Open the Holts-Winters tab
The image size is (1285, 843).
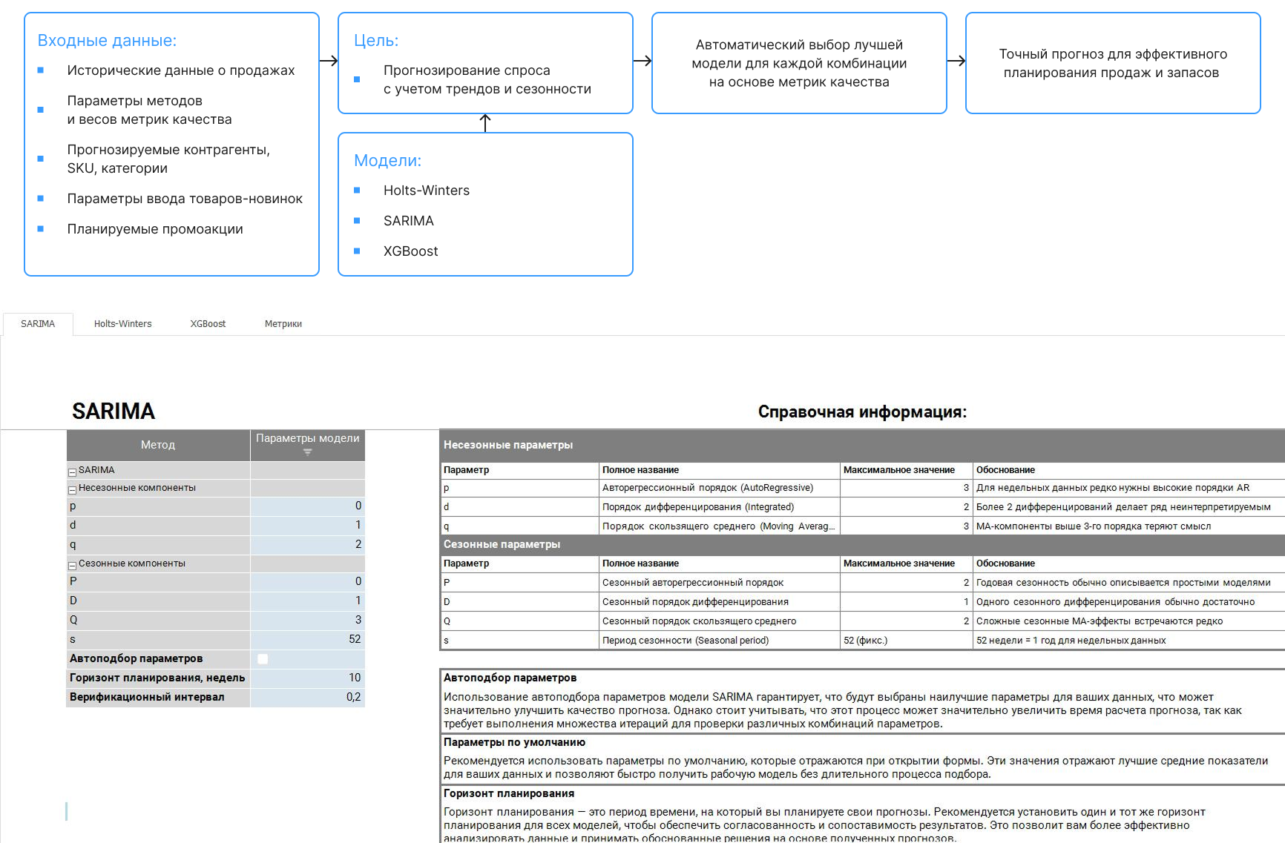click(122, 324)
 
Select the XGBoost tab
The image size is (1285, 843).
click(208, 324)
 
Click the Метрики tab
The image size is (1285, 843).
click(283, 324)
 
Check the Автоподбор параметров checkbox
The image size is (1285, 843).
click(263, 659)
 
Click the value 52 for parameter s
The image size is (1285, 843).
click(354, 639)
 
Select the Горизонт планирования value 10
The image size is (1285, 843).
click(354, 678)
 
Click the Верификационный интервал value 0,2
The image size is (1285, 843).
click(353, 697)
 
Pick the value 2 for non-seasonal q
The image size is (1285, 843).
click(358, 544)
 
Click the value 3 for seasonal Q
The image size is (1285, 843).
click(358, 620)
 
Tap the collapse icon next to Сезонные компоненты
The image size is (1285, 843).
click(73, 565)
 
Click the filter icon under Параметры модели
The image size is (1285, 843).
click(307, 452)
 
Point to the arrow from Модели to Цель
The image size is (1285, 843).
click(485, 123)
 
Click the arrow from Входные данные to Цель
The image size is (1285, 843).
click(329, 62)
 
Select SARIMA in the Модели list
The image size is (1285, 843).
click(408, 221)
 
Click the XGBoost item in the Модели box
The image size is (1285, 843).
click(410, 251)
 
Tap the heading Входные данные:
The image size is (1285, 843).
click(107, 41)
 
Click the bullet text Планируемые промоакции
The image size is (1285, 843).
click(155, 229)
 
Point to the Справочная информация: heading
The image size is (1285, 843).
click(862, 412)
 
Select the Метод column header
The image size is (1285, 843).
click(158, 445)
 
